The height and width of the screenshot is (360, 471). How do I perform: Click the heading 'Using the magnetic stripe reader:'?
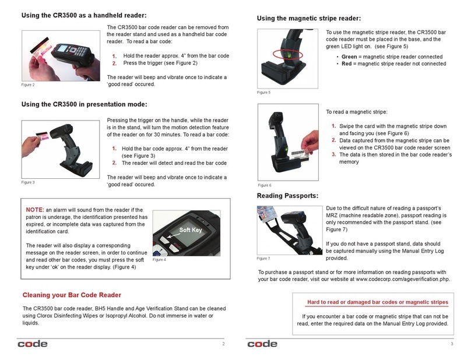pos(309,19)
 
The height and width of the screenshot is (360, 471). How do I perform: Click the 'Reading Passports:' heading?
pos(287,195)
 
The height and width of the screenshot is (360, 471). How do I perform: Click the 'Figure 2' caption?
pos(28,86)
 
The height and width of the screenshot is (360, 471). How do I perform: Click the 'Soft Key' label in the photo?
pos(189,230)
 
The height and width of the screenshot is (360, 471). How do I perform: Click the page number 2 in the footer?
pos(223,344)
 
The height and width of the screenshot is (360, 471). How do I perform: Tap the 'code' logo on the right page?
pos(262,344)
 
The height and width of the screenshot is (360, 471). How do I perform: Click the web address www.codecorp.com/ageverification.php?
pos(396,278)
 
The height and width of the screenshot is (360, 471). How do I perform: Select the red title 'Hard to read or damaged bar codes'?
pos(377,302)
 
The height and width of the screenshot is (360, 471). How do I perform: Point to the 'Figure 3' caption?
pos(28,182)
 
